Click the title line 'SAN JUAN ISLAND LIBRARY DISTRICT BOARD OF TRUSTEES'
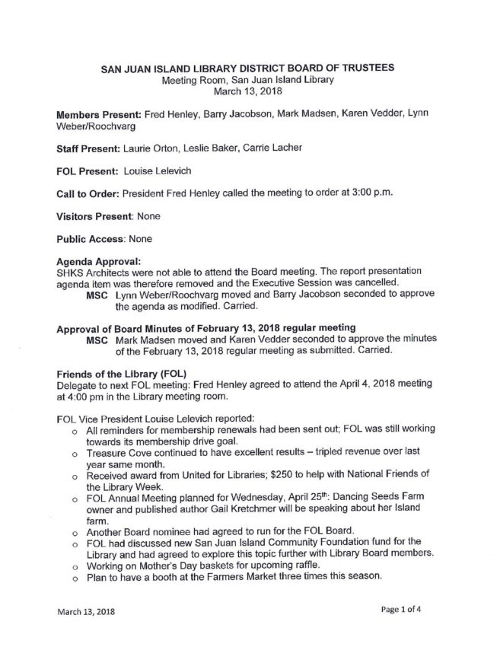coord(247,68)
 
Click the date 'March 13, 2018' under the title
coord(247,91)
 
